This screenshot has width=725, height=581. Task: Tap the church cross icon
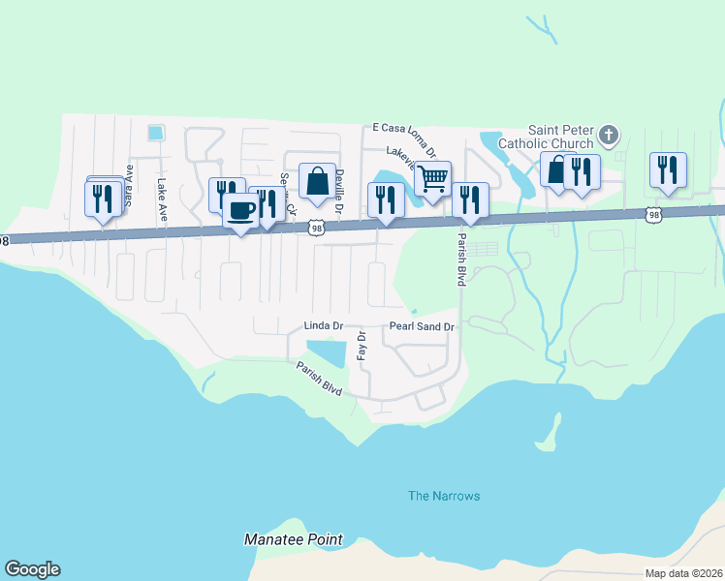click(x=609, y=135)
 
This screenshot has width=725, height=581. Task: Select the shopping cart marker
click(x=432, y=178)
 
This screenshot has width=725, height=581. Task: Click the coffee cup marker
click(x=240, y=210)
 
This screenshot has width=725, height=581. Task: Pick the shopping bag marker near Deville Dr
click(x=317, y=180)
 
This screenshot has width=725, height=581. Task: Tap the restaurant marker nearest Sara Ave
click(x=103, y=199)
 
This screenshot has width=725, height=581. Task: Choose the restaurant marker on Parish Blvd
click(x=470, y=200)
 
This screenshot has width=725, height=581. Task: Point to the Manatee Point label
click(x=293, y=538)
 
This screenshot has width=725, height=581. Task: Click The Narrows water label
click(x=443, y=496)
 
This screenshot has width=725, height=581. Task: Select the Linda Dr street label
click(x=324, y=326)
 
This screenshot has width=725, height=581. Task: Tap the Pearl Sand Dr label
click(x=422, y=327)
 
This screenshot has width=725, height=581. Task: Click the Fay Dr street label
click(x=361, y=346)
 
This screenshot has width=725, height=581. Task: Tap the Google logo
click(x=32, y=569)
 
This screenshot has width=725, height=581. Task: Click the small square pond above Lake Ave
click(x=154, y=132)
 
